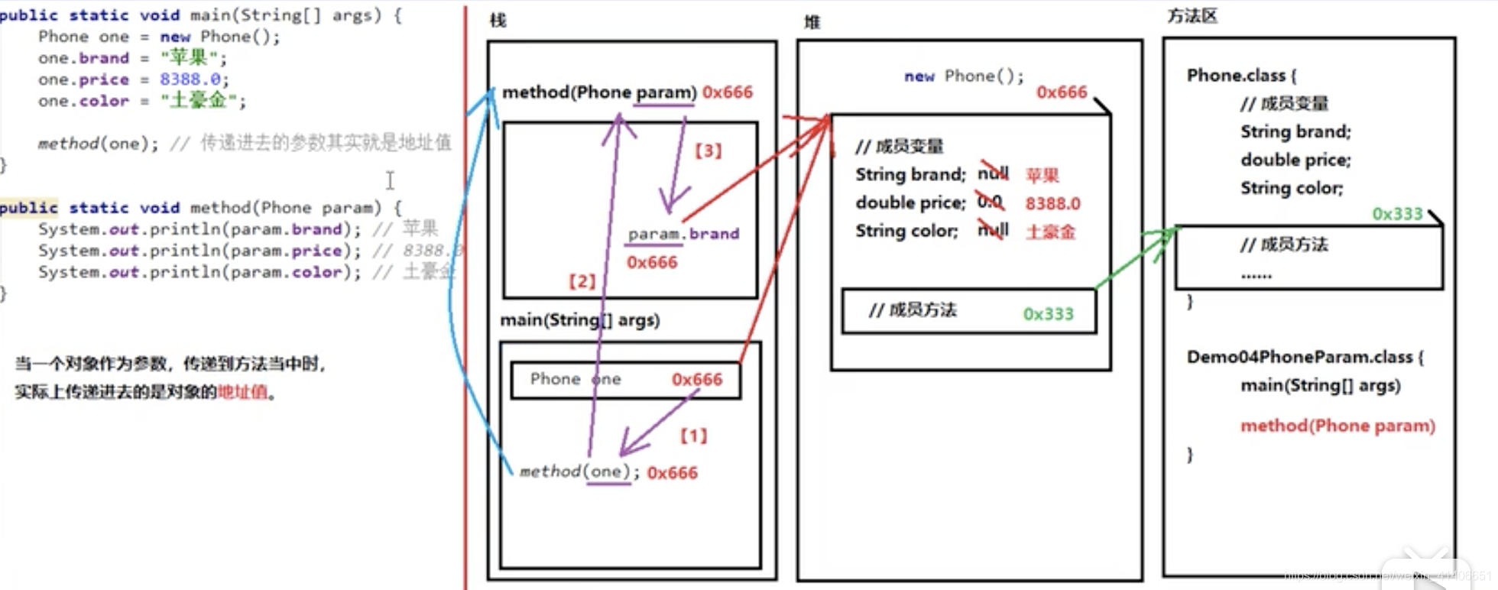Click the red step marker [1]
tap(694, 436)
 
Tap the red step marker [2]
tap(582, 281)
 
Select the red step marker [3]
tap(708, 151)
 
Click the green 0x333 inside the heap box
tap(1048, 313)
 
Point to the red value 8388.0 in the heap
tap(1052, 203)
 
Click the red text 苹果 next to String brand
tap(1042, 175)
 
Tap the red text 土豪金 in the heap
tap(1050, 232)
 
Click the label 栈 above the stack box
tap(498, 20)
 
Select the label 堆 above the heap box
tap(812, 22)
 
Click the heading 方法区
tap(1192, 16)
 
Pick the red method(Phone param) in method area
tap(1337, 426)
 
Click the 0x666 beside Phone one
tap(696, 380)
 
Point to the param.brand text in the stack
tap(683, 234)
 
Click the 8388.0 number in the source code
tap(190, 79)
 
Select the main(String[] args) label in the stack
tap(579, 319)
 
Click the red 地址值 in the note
tap(242, 392)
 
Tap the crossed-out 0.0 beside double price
tap(990, 202)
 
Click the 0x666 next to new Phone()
tap(1061, 92)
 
